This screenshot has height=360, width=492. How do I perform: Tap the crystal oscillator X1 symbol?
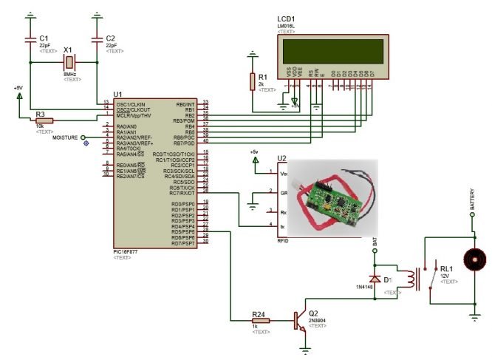click(69, 64)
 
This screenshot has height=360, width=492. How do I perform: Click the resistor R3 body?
click(44, 122)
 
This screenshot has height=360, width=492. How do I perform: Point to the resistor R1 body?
click(253, 80)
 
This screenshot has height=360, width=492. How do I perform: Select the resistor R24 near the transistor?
click(260, 321)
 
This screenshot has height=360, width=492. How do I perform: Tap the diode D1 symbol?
click(375, 279)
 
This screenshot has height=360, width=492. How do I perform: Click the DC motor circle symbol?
click(473, 261)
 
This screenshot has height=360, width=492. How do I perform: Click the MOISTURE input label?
click(67, 137)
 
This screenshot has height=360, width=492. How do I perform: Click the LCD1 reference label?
click(286, 19)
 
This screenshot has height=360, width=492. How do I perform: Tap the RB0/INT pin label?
click(185, 104)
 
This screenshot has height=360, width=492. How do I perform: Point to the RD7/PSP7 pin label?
click(182, 242)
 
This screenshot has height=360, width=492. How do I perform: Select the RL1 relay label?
click(447, 269)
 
